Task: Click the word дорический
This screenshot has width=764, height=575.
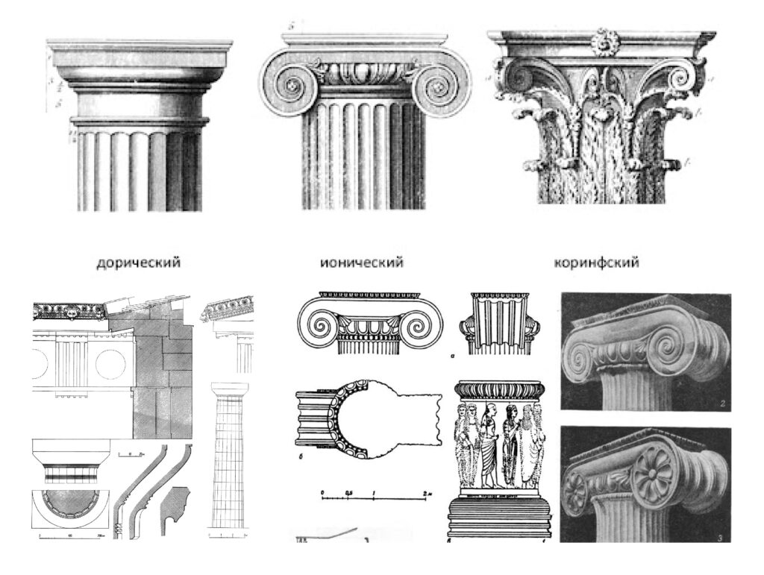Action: point(138,263)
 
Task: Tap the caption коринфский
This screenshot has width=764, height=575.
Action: point(597,263)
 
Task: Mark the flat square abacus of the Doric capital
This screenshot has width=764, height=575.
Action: point(140,54)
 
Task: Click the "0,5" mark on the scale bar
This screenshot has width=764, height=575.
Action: point(348,494)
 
